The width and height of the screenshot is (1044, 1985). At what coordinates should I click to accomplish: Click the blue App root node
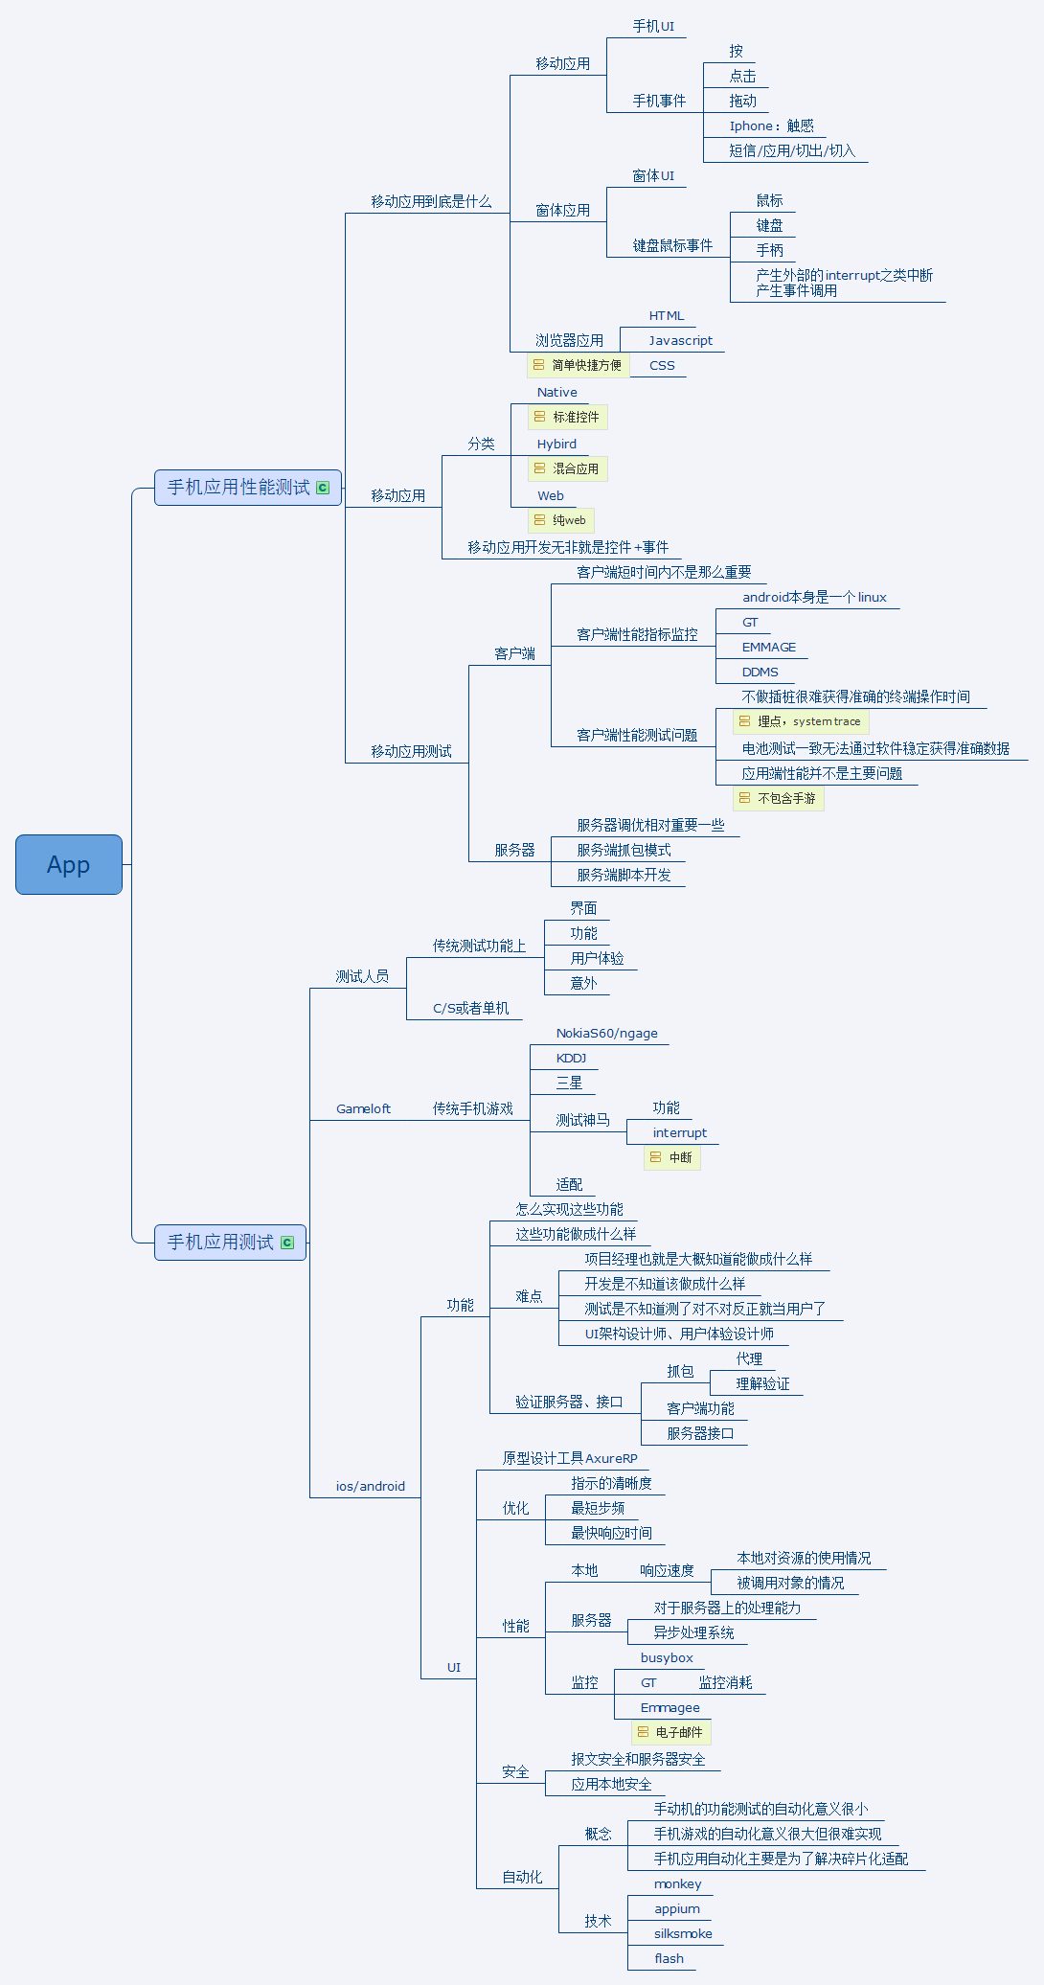pyautogui.click(x=68, y=864)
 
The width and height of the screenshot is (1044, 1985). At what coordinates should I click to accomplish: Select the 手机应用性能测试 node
pyautogui.click(x=238, y=488)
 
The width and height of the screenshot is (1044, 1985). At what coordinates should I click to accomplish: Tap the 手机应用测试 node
pyautogui.click(x=221, y=1243)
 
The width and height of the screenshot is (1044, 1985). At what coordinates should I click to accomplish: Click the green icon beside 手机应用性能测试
pyautogui.click(x=323, y=488)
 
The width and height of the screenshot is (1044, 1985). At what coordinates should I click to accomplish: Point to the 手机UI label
pyautogui.click(x=653, y=27)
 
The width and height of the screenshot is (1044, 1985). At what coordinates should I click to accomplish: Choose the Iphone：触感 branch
pyautogui.click(x=771, y=125)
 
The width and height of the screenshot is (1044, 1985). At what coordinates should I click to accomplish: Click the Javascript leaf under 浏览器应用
pyautogui.click(x=680, y=340)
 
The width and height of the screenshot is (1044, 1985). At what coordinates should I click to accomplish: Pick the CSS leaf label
pyautogui.click(x=662, y=365)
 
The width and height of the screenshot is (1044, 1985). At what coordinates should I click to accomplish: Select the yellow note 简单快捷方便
pyautogui.click(x=579, y=365)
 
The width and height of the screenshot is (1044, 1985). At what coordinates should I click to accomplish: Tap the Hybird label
pyautogui.click(x=556, y=444)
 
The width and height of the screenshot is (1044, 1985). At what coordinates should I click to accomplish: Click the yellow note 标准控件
pyautogui.click(x=568, y=417)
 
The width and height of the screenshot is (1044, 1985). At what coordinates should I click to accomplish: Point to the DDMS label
pyautogui.click(x=760, y=672)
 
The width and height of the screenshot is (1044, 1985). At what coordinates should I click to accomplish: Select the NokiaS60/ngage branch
pyautogui.click(x=606, y=1033)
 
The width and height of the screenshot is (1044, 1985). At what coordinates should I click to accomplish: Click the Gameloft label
pyautogui.click(x=363, y=1108)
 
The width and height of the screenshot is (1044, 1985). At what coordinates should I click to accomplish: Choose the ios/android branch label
pyautogui.click(x=370, y=1486)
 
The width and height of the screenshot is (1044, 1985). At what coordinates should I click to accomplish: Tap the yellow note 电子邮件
pyautogui.click(x=671, y=1732)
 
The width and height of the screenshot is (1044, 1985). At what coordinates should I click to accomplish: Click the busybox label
pyautogui.click(x=667, y=1657)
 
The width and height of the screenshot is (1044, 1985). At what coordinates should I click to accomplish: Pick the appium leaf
pyautogui.click(x=676, y=1908)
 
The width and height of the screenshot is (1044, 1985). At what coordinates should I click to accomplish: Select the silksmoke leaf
pyautogui.click(x=683, y=1933)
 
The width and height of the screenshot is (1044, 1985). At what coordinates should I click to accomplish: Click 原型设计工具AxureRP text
pyautogui.click(x=570, y=1458)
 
